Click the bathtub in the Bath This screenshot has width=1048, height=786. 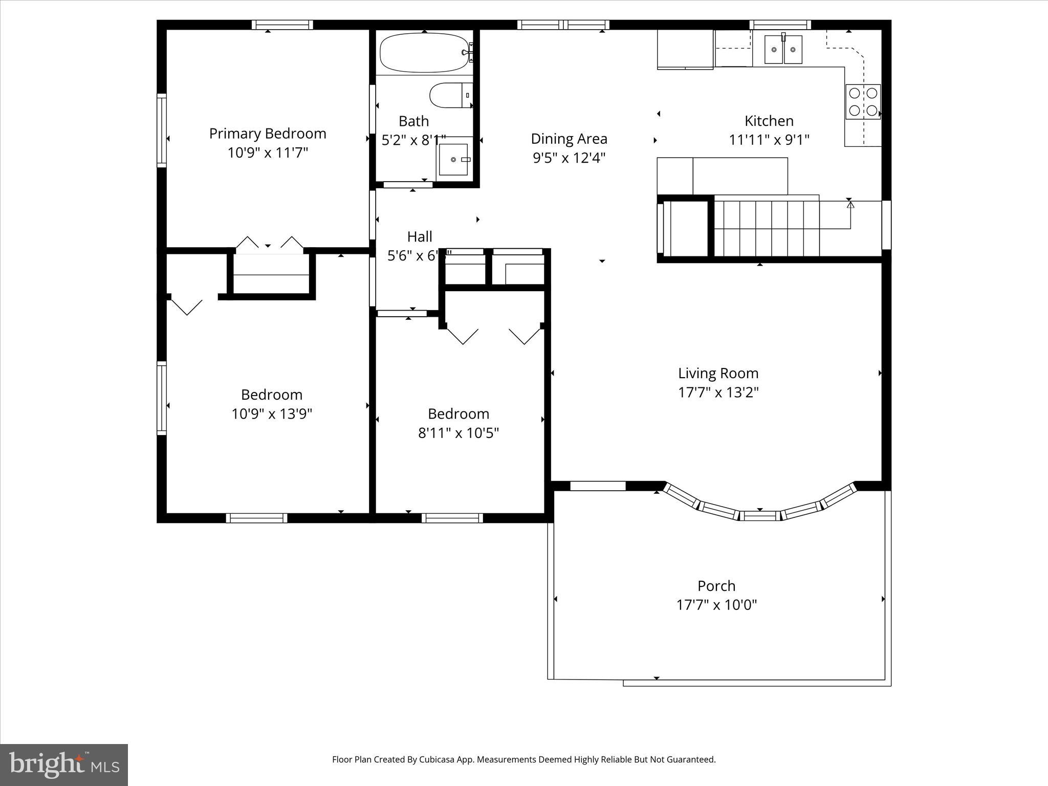424,53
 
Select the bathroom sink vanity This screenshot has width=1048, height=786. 454,160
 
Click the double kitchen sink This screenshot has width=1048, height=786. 783,50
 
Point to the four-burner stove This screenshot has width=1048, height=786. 863,102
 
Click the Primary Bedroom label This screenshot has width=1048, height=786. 268,134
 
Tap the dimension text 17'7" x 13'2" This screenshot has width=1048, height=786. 718,392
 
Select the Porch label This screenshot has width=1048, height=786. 716,586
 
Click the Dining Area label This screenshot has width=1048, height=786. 569,139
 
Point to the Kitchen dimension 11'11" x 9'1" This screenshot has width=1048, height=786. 769,140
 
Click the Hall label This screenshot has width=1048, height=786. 420,236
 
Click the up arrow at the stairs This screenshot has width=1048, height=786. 850,205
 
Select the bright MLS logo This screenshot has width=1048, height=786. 64,765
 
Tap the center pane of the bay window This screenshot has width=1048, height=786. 760,516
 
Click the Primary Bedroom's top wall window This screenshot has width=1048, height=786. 282,25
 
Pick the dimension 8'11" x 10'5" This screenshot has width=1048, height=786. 458,433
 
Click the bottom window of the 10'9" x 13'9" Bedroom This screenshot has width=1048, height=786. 256,518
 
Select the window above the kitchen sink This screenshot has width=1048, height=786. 780,25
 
